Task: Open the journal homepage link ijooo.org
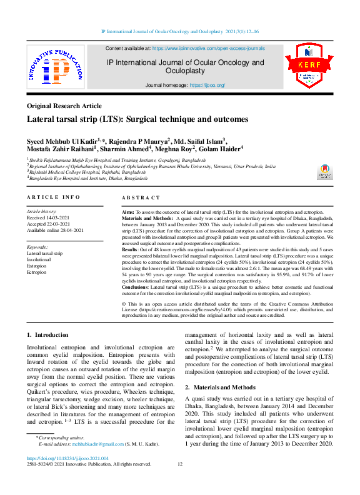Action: tap(206, 85)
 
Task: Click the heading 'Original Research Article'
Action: tap(64, 106)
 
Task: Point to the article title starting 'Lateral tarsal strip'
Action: tap(137, 119)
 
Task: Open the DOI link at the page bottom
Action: tap(67, 458)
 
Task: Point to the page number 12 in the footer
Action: tap(180, 464)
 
